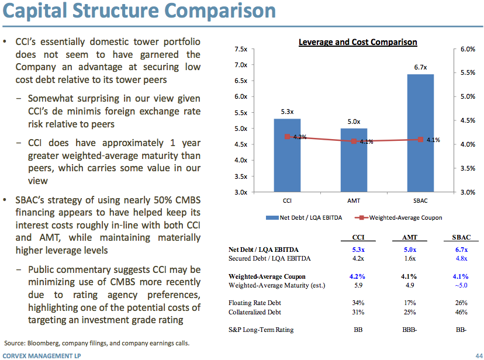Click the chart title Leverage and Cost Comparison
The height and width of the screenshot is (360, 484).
pyautogui.click(x=358, y=42)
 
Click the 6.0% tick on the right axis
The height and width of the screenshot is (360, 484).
pyautogui.click(x=468, y=49)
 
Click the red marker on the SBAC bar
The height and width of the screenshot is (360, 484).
pyautogui.click(x=420, y=139)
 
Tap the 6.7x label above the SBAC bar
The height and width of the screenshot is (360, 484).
pyautogui.click(x=420, y=67)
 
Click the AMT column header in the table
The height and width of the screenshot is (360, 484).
pyautogui.click(x=408, y=238)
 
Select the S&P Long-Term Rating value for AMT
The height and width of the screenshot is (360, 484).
pyautogui.click(x=408, y=330)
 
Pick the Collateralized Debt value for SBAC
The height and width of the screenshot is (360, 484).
pyautogui.click(x=461, y=311)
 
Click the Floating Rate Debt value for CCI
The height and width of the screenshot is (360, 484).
pyautogui.click(x=358, y=303)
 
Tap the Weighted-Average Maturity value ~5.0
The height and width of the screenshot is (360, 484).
pyautogui.click(x=461, y=285)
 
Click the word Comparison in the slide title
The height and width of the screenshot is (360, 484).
pyautogui.click(x=217, y=11)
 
